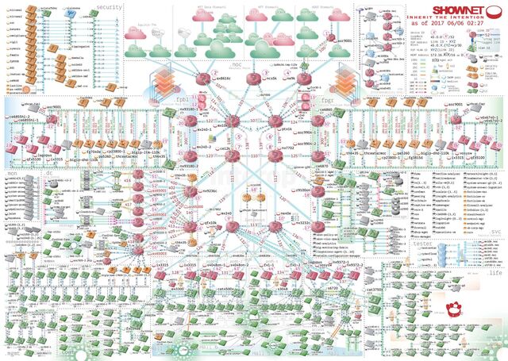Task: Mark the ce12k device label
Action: (x=225, y=148)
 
